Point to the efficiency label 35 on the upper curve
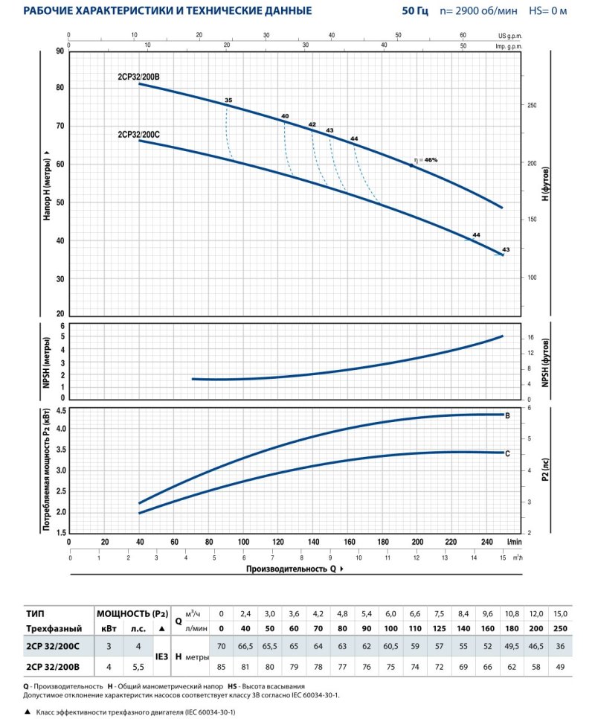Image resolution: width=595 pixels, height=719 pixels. (x=228, y=100)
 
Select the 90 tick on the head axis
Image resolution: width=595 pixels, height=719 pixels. (x=59, y=51)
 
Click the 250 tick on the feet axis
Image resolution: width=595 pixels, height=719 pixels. (x=532, y=106)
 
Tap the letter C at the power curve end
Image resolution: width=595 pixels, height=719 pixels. (x=507, y=453)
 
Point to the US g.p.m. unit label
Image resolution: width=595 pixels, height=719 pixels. (x=512, y=35)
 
